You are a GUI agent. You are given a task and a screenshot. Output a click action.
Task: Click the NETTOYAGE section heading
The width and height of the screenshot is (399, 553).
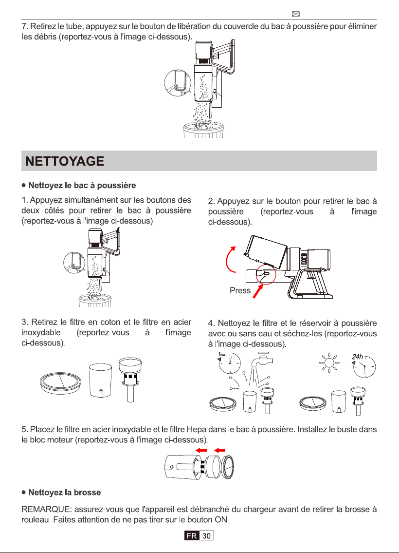65,161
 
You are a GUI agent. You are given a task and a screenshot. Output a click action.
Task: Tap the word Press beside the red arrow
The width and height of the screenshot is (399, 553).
240,290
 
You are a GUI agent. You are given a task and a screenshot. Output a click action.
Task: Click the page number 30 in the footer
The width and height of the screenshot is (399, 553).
206,536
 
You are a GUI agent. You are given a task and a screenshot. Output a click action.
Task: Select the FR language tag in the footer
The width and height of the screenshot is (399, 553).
192,536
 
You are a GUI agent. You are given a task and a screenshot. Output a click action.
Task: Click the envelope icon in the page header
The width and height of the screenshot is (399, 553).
296,14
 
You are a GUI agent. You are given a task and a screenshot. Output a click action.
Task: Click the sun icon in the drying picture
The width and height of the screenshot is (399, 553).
329,363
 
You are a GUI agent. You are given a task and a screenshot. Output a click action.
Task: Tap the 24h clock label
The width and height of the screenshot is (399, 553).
357,357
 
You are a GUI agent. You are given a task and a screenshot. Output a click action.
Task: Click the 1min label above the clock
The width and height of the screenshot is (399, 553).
222,354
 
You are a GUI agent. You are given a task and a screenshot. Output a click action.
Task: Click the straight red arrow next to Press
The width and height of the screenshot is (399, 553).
258,291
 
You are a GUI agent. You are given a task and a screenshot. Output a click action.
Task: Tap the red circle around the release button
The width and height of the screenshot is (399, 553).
266,274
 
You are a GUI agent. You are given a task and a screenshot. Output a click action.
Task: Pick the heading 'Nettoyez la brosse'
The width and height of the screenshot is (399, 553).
64,492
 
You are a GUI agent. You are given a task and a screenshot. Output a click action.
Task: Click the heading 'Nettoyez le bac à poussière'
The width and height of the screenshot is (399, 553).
82,186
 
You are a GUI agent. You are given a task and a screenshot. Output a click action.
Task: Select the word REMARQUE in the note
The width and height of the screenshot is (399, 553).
45,509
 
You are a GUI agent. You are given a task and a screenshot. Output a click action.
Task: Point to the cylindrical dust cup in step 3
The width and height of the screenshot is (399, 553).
101,381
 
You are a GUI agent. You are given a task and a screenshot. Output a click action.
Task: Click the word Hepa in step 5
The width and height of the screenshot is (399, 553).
197,430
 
